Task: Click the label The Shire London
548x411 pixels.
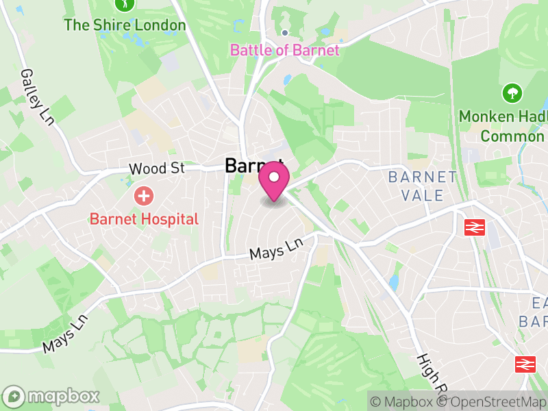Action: [x=125, y=26]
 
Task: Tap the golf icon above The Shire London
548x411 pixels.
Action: [x=125, y=3]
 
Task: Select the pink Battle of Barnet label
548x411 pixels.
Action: [x=284, y=50]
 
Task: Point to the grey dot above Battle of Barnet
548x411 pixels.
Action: [x=285, y=33]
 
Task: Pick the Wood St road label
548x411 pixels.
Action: [x=157, y=169]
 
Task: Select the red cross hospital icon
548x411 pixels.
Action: [x=144, y=197]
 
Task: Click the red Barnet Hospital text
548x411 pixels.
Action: [x=144, y=219]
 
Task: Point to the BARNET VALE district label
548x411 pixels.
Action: [x=423, y=186]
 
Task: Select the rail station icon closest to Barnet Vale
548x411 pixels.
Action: [x=473, y=227]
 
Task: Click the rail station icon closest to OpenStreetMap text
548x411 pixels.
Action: [x=526, y=364]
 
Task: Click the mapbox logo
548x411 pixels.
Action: [x=51, y=396]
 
